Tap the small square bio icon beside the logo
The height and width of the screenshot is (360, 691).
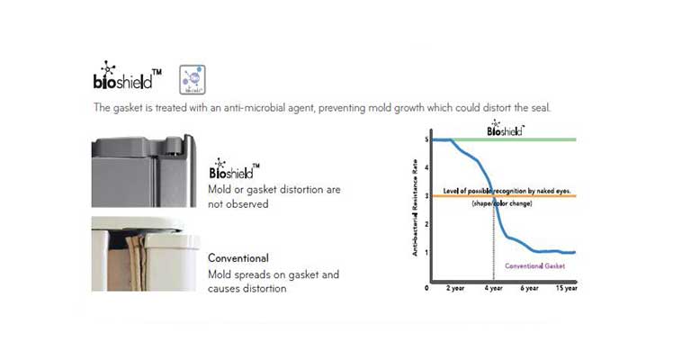click(190, 78)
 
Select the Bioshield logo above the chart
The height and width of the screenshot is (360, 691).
click(505, 128)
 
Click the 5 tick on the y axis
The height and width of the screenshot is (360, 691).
click(426, 140)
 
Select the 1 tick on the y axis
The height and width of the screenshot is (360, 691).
click(426, 252)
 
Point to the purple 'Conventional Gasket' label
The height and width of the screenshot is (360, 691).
click(534, 265)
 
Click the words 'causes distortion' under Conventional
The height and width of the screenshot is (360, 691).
click(247, 288)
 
